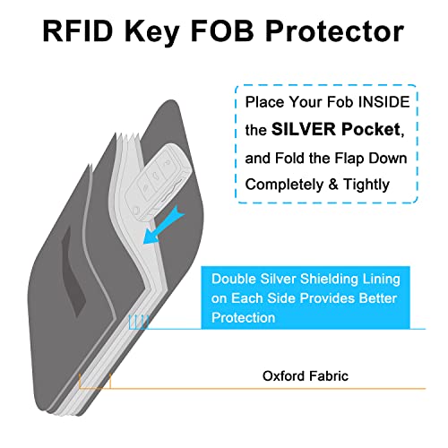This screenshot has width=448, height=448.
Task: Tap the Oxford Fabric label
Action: click(306, 376)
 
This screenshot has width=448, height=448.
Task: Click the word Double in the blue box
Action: click(235, 279)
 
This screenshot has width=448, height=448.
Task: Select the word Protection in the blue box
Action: click(244, 318)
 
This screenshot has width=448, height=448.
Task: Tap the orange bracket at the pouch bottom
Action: click(94, 383)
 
